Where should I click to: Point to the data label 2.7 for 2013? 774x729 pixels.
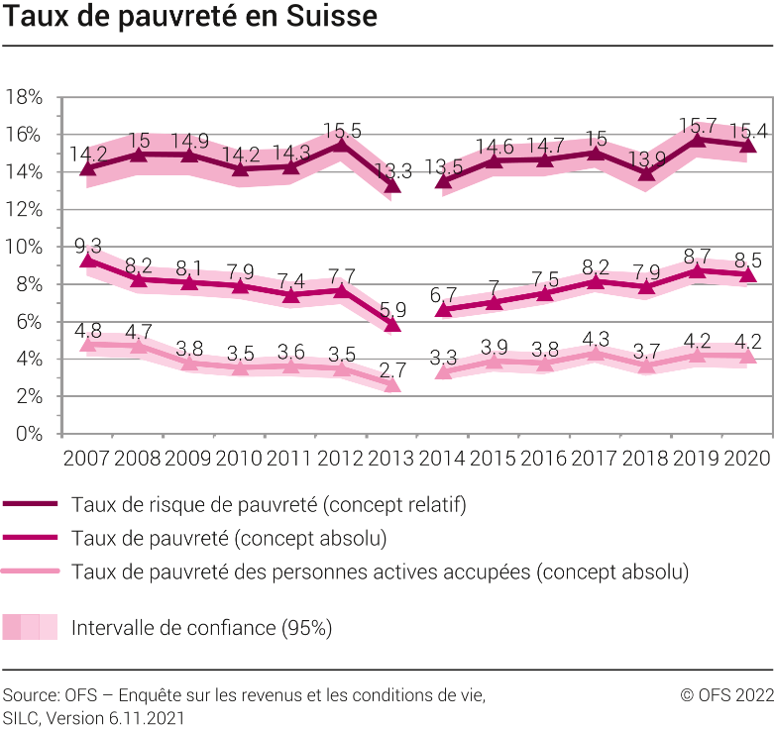(392, 370)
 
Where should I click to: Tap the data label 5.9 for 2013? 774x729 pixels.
(392, 309)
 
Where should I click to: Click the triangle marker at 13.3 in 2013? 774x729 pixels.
(391, 185)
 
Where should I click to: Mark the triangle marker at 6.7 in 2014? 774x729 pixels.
(443, 310)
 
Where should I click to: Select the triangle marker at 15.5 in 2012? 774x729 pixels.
(341, 145)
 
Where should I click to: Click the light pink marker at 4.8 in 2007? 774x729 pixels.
(88, 344)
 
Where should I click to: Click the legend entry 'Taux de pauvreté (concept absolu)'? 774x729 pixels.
(228, 538)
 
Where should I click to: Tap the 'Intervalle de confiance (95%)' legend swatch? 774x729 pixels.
(30, 627)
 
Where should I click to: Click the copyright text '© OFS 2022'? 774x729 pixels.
(726, 695)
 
